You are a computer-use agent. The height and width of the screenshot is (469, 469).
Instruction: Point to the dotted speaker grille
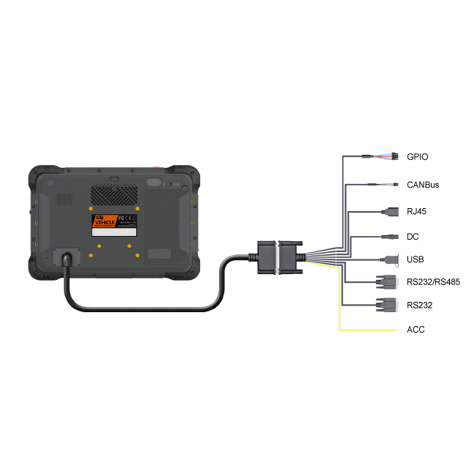(x=65, y=199)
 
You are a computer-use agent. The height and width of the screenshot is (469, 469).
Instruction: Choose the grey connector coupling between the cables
(x=276, y=258)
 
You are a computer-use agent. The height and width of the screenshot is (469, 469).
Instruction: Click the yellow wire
(x=339, y=293)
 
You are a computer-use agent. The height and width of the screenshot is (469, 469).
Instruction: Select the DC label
(x=413, y=237)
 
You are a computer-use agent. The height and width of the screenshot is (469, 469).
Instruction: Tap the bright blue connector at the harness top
(x=382, y=161)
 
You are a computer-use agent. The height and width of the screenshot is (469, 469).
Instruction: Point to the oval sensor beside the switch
(x=153, y=182)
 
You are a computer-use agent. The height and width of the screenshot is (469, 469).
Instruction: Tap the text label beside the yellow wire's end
(x=416, y=330)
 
